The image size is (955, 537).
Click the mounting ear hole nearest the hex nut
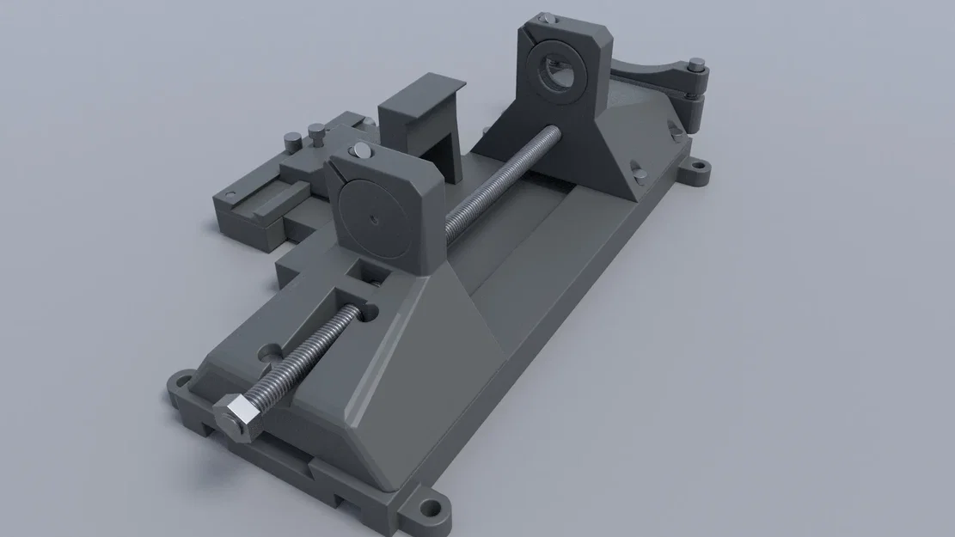coord(183,380)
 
